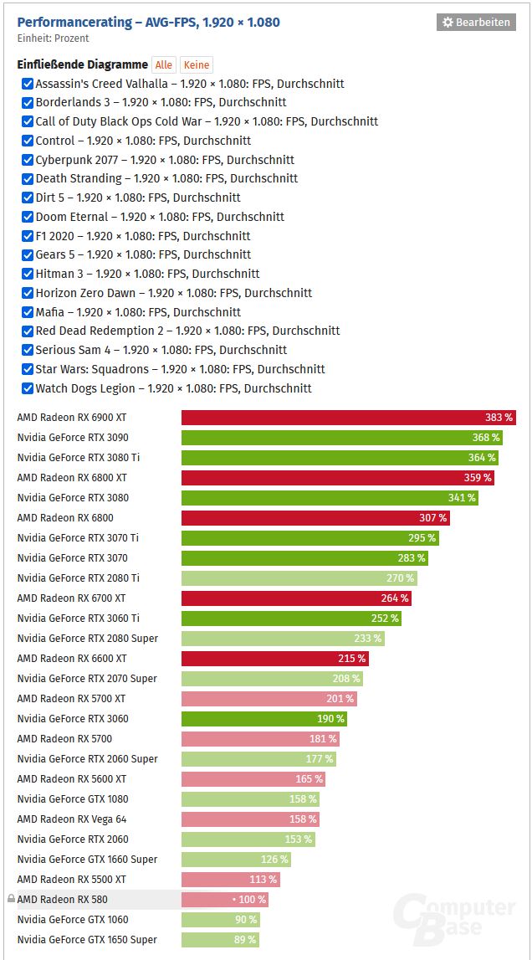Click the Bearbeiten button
click(475, 23)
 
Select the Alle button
click(164, 65)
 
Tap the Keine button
click(197, 65)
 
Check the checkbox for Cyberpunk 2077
click(28, 160)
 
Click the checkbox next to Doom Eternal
click(28, 217)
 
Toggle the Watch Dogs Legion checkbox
click(28, 388)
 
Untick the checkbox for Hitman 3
click(28, 274)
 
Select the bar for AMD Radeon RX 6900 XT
click(348, 418)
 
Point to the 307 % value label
click(432, 518)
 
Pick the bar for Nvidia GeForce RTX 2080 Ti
click(299, 578)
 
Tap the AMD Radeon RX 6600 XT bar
click(274, 659)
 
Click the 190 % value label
click(330, 719)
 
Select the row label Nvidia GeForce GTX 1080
click(73, 799)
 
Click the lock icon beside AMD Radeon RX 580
click(11, 899)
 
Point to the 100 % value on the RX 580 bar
click(252, 900)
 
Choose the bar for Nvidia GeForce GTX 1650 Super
click(220, 940)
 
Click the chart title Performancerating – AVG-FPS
click(148, 22)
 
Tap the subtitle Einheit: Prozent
click(53, 39)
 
